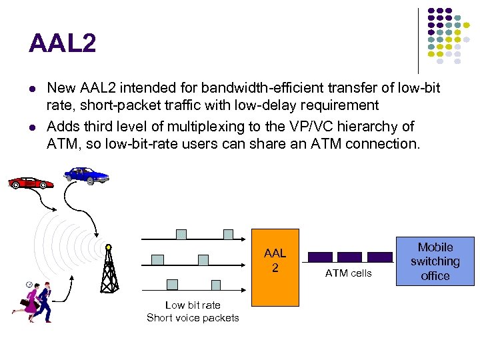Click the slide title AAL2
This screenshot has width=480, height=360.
(x=62, y=44)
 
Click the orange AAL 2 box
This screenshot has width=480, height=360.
(x=275, y=260)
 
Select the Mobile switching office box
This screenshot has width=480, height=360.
(x=435, y=261)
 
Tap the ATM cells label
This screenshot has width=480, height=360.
(x=348, y=273)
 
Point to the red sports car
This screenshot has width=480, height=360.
(x=30, y=182)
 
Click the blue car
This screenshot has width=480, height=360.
(x=87, y=175)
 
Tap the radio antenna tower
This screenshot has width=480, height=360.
(x=109, y=266)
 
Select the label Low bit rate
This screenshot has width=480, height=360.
(x=193, y=305)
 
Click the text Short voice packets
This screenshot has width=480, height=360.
(x=193, y=317)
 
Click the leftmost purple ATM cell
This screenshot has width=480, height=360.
(x=320, y=257)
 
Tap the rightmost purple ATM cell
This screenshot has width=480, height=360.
(x=380, y=257)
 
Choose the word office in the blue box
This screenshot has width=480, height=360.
(x=435, y=276)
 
